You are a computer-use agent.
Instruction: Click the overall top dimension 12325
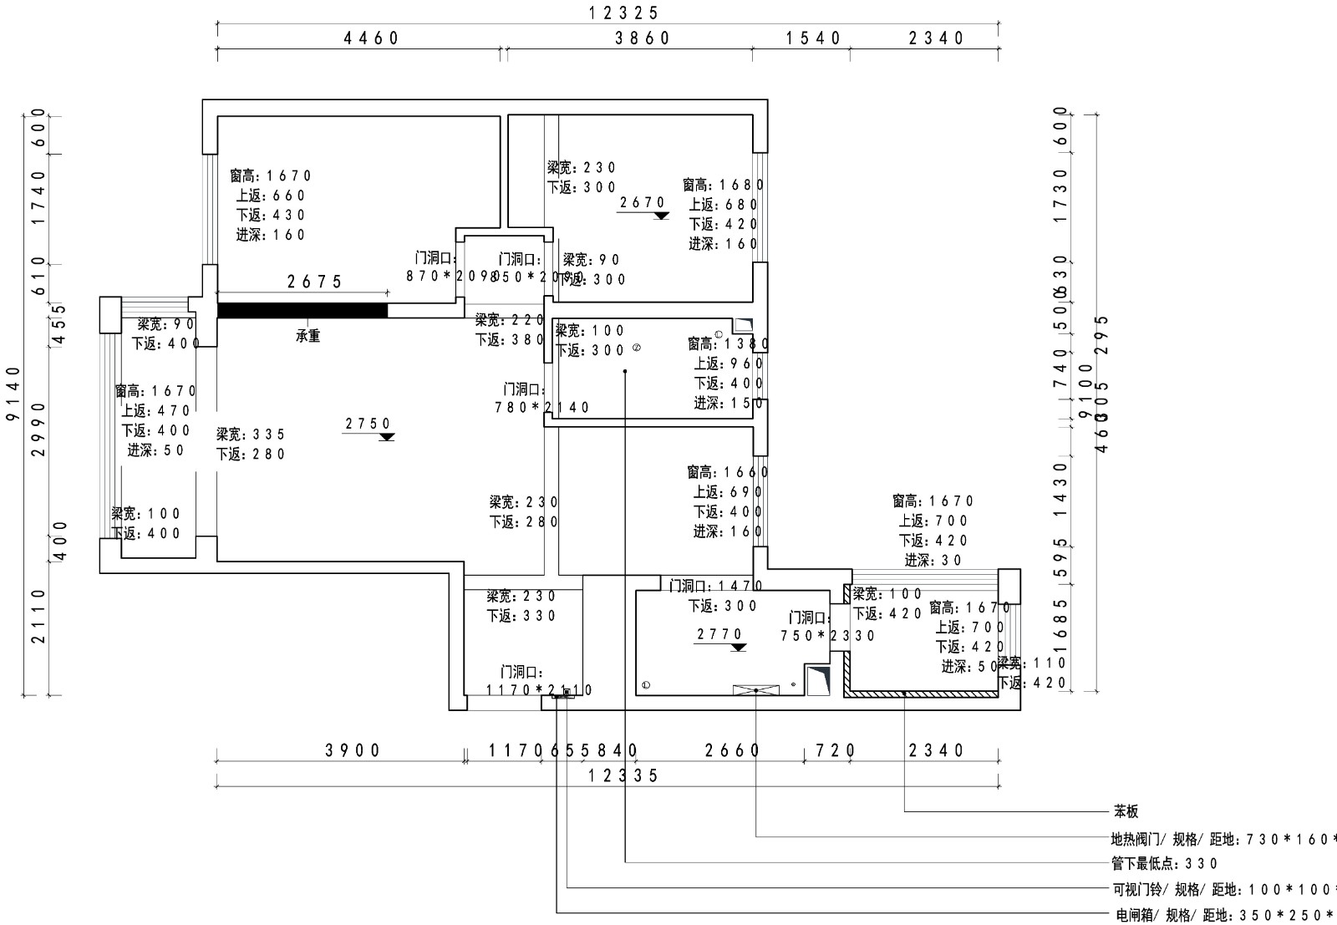624,13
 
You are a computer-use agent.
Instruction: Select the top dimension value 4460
372,38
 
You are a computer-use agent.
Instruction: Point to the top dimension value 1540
814,38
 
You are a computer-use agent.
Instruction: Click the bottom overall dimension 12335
623,775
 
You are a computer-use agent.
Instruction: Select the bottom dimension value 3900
353,750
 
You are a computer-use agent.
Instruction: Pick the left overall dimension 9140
13,404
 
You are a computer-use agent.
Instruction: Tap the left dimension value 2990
38,429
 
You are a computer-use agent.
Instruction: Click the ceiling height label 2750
369,424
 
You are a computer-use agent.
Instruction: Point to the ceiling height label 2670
643,202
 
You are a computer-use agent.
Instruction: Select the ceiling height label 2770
719,634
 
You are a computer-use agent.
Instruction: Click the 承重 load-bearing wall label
308,336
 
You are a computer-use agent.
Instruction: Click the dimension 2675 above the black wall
315,282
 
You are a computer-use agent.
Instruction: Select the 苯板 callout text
1125,811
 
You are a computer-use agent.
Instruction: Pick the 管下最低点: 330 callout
1165,863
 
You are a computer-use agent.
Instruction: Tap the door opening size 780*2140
542,407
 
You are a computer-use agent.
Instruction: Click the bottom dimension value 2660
732,750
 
